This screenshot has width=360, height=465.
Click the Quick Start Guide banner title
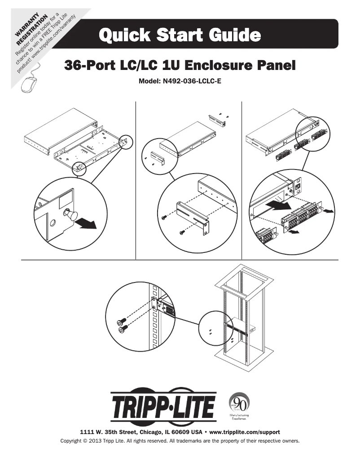point(180,35)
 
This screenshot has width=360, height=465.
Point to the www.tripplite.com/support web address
point(245,432)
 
